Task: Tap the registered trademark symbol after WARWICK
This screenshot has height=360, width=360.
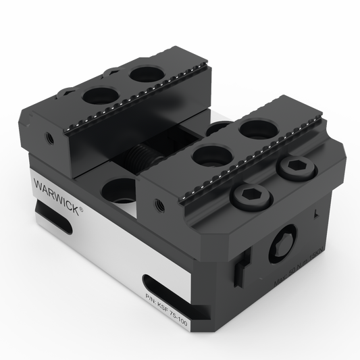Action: tap(82, 211)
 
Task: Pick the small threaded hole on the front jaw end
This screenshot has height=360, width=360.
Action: tap(159, 202)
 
